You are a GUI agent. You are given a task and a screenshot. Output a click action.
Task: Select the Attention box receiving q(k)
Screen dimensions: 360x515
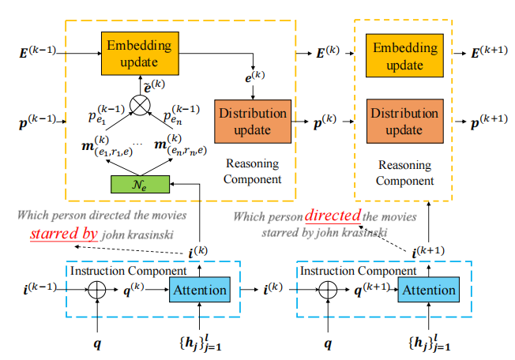coord(198,290)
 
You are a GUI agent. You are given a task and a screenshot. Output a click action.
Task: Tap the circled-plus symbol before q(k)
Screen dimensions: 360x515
coord(97,290)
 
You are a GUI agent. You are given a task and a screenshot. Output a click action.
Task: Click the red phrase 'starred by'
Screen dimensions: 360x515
coord(64,234)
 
